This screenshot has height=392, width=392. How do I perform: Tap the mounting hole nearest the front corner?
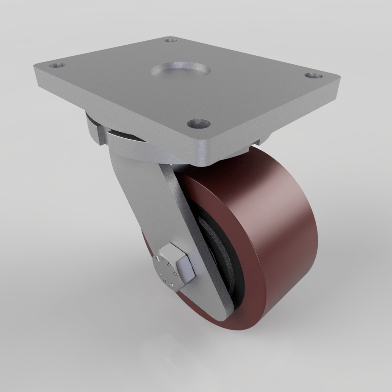click(x=199, y=124)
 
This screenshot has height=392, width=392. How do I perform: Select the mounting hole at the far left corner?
click(x=57, y=65)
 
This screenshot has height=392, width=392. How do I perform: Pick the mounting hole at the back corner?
click(x=170, y=40)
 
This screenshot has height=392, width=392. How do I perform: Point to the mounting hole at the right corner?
click(x=312, y=76)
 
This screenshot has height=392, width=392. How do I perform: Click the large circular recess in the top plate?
click(x=180, y=71)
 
